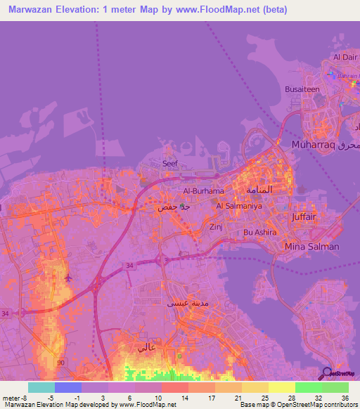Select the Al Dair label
click(x=346, y=57)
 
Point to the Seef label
click(x=170, y=163)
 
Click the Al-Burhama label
click(x=203, y=190)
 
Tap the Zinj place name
click(x=215, y=227)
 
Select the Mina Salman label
click(x=311, y=247)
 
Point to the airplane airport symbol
click(x=68, y=277)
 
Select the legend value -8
click(x=18, y=397)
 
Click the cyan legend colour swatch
click(x=41, y=387)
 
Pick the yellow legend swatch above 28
click(x=282, y=387)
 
